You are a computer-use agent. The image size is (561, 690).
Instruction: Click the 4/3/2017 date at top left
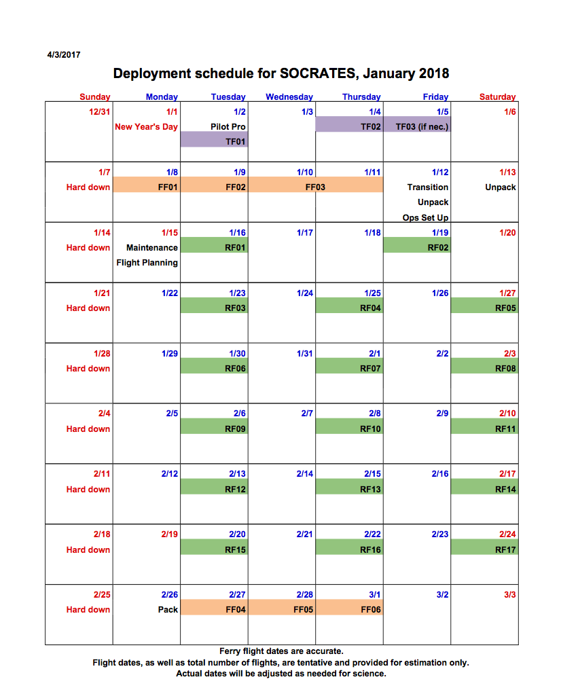tap(64, 55)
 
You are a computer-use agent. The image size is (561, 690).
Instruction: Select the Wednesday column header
tap(289, 97)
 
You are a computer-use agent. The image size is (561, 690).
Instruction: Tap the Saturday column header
tap(497, 97)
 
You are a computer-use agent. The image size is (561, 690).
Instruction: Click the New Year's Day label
tap(146, 127)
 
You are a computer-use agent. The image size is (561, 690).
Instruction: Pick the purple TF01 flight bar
tap(214, 141)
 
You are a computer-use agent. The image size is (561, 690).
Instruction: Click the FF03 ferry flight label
tap(315, 187)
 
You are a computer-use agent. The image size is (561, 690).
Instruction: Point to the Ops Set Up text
tap(425, 218)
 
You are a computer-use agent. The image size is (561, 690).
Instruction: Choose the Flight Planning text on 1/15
tap(147, 263)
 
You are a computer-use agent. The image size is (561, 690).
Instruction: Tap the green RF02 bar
tap(417, 248)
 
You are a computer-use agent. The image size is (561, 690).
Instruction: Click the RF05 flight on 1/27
tap(485, 308)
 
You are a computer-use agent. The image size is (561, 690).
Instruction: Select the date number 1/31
tap(305, 354)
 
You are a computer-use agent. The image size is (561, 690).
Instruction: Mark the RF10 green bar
tap(349, 429)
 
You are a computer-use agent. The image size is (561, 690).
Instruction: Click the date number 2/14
tap(305, 474)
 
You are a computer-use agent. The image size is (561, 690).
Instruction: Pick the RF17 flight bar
tap(485, 550)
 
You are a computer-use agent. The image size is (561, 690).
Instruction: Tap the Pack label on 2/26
tap(168, 610)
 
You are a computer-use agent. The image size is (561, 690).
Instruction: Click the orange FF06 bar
tap(349, 610)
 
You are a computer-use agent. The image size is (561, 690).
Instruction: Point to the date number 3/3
tap(510, 595)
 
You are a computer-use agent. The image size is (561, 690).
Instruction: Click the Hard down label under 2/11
tap(88, 490)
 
